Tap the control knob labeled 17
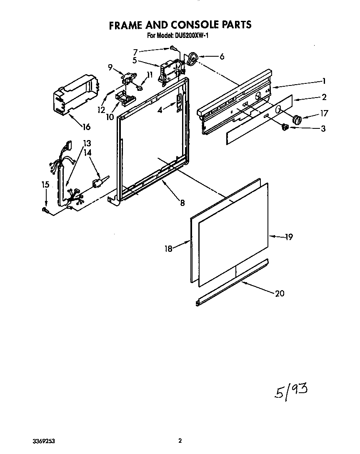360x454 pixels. [x=297, y=120]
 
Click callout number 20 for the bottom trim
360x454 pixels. [x=280, y=293]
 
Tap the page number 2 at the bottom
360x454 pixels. [x=180, y=441]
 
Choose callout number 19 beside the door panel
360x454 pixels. [x=289, y=237]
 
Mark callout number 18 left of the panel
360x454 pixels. [x=168, y=249]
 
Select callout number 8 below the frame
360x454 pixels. [x=182, y=203]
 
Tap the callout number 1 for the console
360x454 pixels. [x=323, y=81]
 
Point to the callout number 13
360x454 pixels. [x=87, y=143]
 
